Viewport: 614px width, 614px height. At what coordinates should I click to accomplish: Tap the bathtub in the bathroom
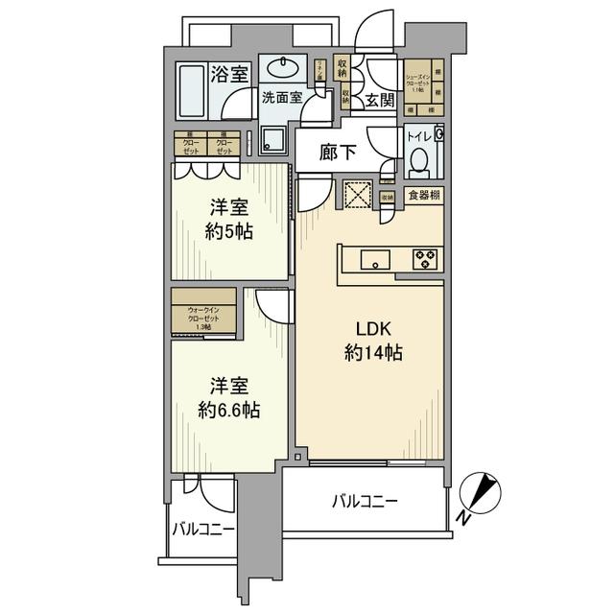[x=192, y=88]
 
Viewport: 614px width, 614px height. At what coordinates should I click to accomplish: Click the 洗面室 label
[x=283, y=98]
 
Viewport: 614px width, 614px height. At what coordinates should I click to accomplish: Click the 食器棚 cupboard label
[x=423, y=197]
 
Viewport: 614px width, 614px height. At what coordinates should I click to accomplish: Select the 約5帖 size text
[x=230, y=231]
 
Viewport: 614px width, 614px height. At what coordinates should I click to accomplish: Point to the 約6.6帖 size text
[x=230, y=410]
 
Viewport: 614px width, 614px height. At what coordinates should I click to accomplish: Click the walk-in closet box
[x=203, y=313]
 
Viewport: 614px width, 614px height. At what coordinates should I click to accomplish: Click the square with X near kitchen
[x=357, y=195]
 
